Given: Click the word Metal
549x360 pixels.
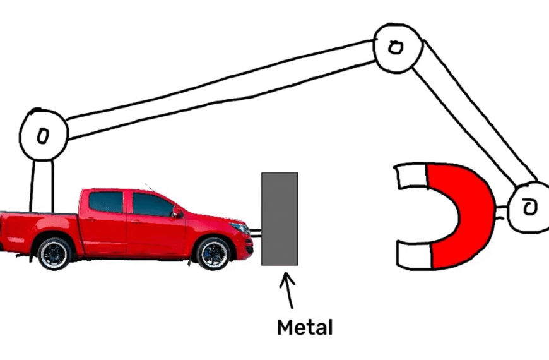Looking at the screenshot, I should point(305,327).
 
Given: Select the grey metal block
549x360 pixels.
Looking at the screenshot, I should point(280,219).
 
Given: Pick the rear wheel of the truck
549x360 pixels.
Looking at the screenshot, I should point(55,253).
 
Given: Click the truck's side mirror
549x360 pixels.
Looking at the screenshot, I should point(177,213).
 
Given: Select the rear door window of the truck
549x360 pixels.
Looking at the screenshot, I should point(105,202).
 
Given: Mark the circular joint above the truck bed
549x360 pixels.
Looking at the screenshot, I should point(43,135).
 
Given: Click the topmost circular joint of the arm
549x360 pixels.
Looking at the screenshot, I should point(396,47).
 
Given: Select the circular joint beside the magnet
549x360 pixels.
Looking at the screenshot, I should point(529,207).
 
